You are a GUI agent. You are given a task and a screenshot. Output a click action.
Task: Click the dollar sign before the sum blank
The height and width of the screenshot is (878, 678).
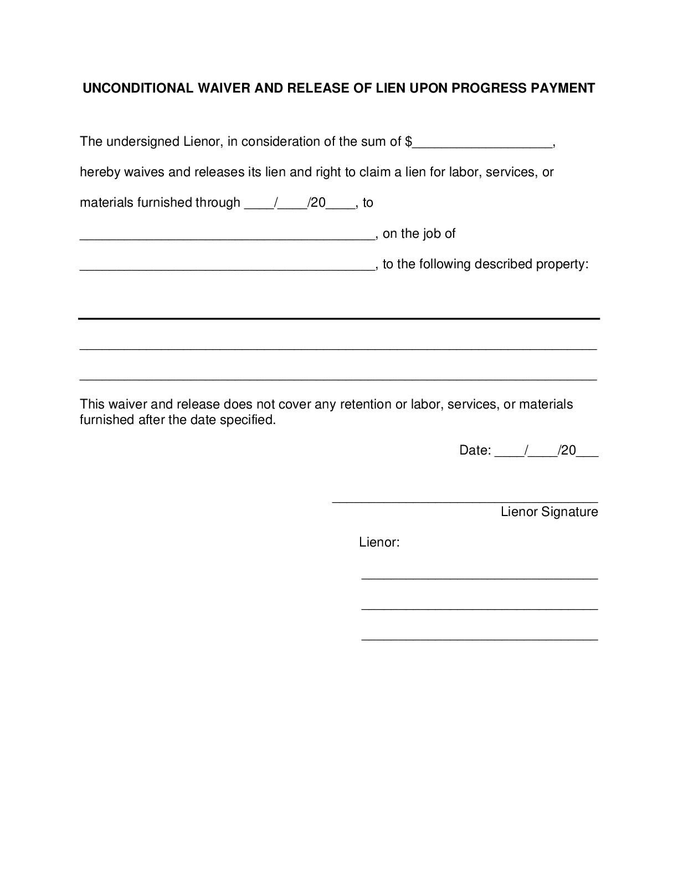coord(409,142)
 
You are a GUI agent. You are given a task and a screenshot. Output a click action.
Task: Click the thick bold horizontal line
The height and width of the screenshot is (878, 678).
coord(339,319)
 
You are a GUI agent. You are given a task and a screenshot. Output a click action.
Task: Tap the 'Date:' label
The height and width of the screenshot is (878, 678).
coord(475,451)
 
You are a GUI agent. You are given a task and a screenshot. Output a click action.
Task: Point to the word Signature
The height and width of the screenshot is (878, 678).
coord(569,512)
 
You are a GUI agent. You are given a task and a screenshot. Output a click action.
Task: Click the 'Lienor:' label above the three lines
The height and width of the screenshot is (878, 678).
coord(379,542)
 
